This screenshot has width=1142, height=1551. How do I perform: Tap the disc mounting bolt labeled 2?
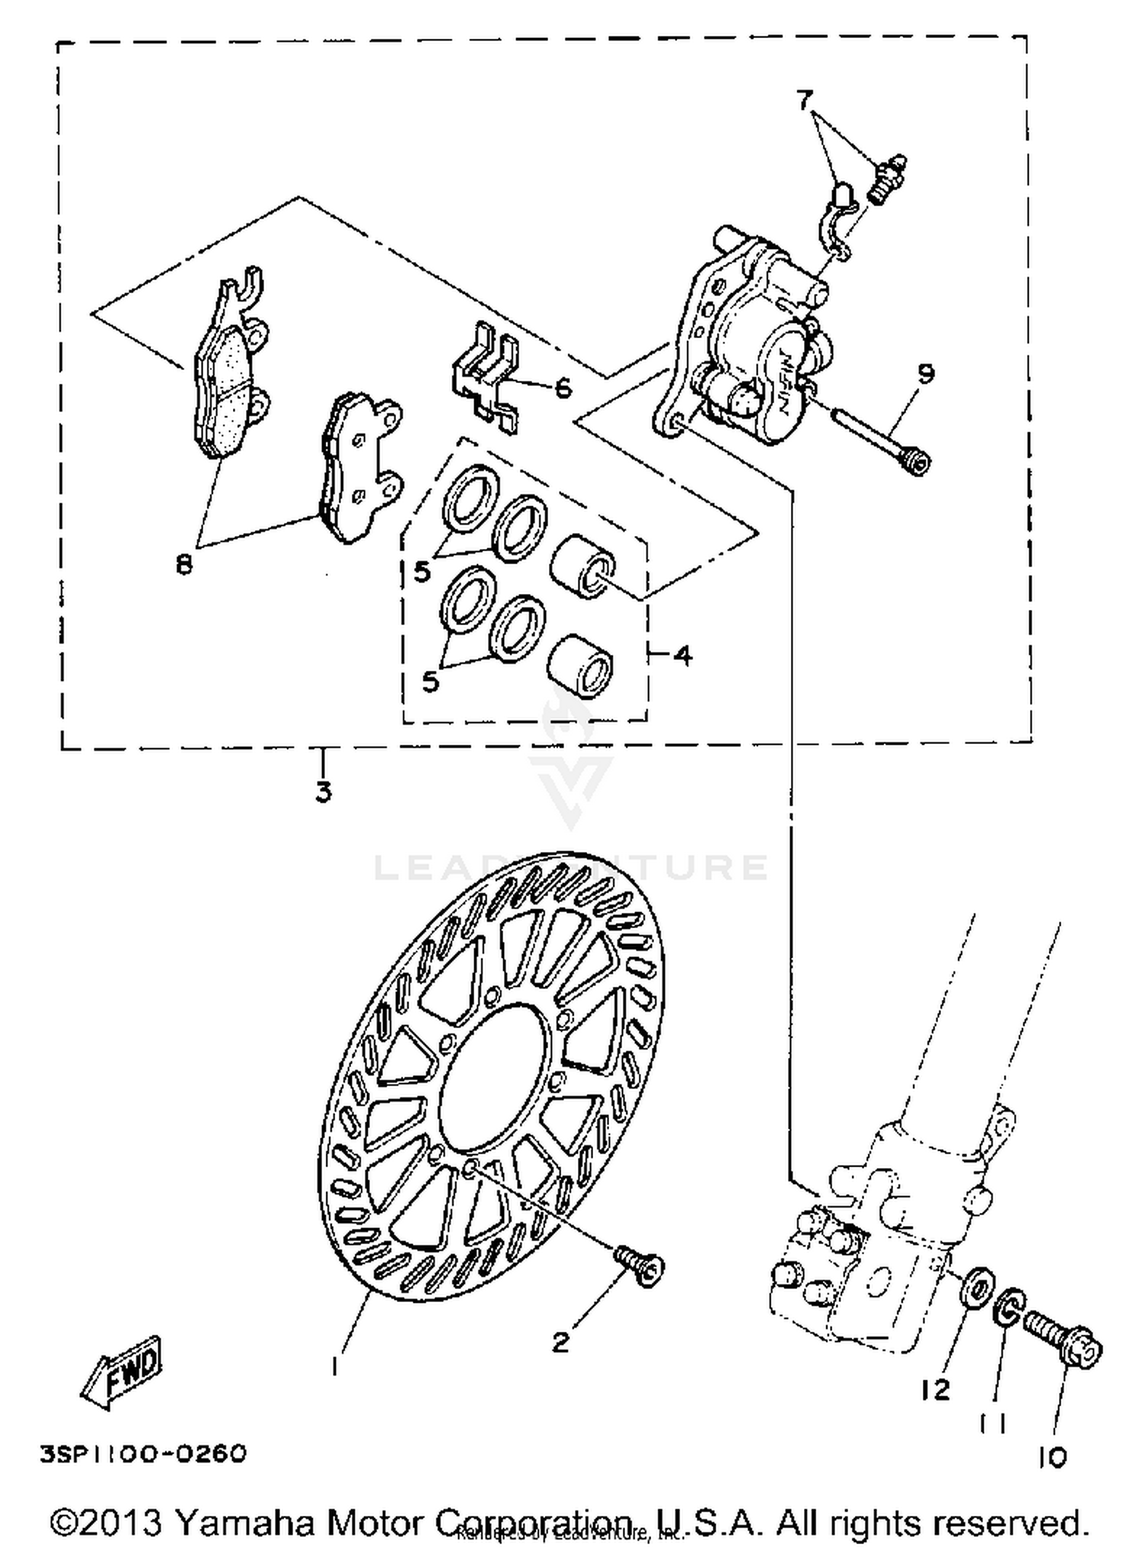(641, 1267)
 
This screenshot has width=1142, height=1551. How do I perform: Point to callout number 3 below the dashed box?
(324, 793)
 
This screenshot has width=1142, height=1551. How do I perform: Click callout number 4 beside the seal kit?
(683, 654)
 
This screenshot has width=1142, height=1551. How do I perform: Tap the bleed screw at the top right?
(885, 177)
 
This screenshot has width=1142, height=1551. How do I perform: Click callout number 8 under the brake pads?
(183, 565)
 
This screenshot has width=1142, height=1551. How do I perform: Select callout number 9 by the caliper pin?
(925, 374)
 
